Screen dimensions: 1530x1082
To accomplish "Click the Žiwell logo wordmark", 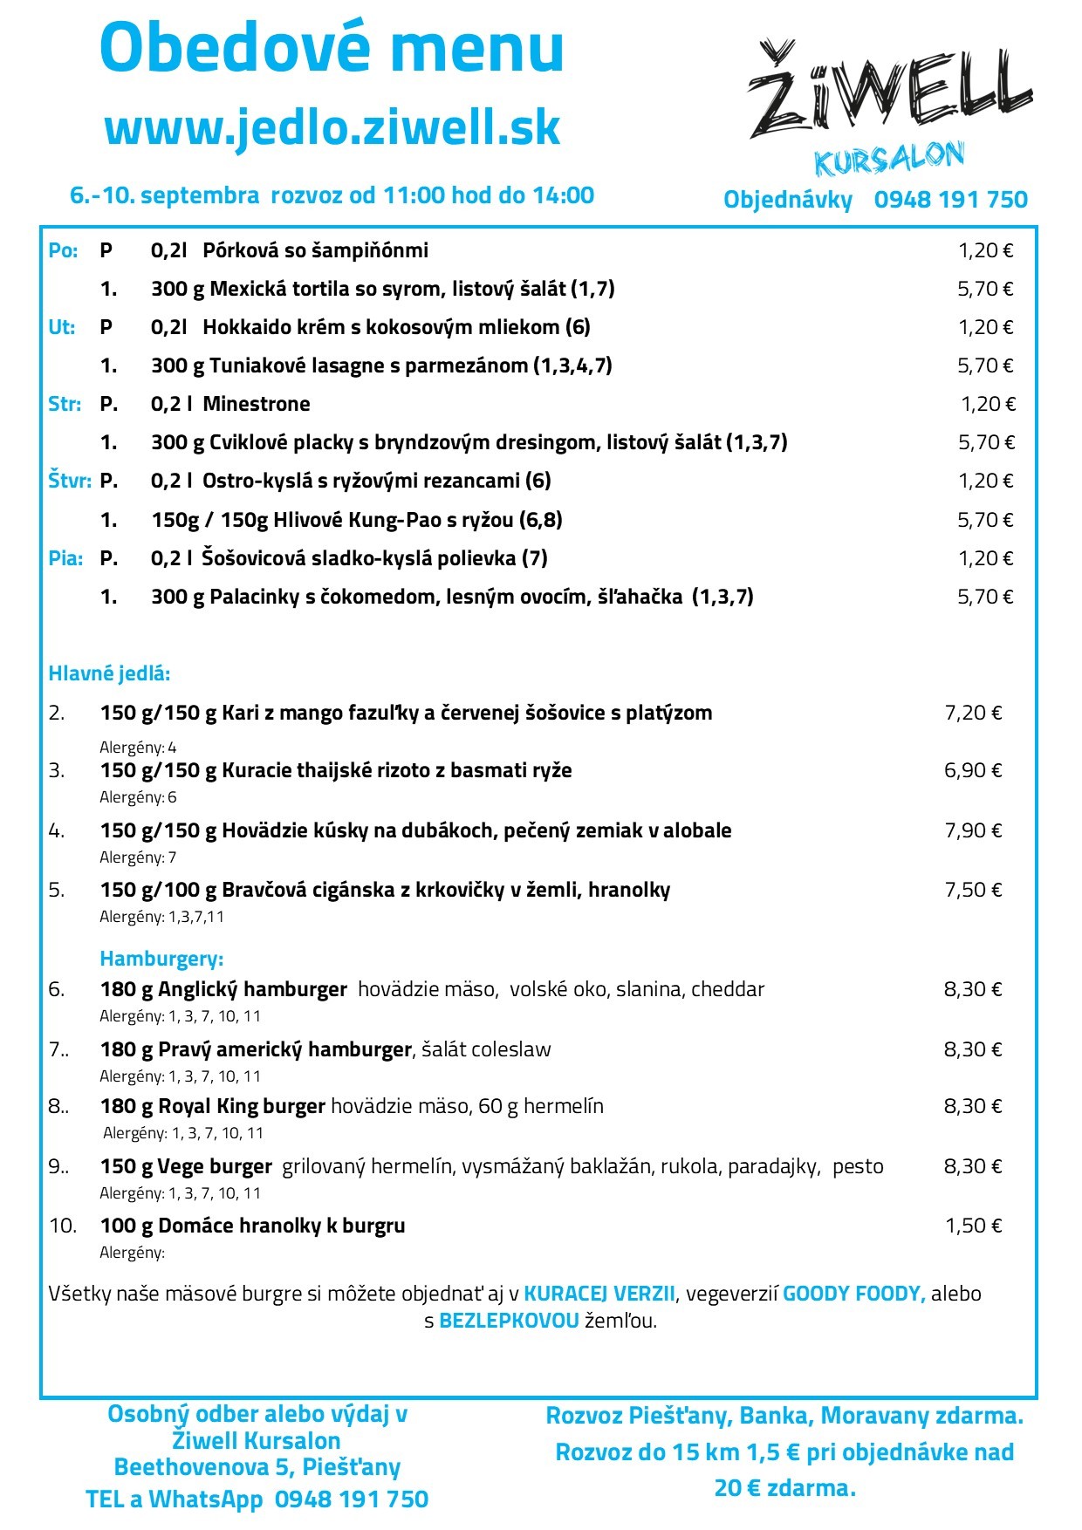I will click(890, 92).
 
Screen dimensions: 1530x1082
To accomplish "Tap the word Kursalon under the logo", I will click(888, 160).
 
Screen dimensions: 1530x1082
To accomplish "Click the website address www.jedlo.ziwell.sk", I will click(332, 127).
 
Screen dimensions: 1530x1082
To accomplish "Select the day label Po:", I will click(63, 251).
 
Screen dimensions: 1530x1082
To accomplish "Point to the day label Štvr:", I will click(70, 481).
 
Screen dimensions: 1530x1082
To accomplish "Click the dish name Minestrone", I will click(257, 404).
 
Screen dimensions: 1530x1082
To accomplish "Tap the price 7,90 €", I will click(973, 830).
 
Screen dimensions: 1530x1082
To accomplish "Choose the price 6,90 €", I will click(973, 770).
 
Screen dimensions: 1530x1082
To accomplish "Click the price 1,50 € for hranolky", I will click(974, 1226).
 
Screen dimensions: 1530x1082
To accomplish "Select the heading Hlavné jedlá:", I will click(109, 673).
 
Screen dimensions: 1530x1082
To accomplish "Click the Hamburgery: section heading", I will click(161, 959).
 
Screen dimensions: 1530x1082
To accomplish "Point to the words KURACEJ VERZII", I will click(599, 1294).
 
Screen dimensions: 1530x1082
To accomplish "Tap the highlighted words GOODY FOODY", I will click(853, 1294).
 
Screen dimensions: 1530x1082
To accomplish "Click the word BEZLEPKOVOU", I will click(509, 1321).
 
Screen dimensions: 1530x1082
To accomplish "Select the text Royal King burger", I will click(242, 1107).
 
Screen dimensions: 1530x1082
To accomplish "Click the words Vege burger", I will click(216, 1166).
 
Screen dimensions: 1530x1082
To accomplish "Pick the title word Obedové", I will click(231, 48).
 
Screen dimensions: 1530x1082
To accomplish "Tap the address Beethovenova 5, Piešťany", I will click(257, 1467).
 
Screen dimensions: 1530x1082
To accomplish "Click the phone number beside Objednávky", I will click(950, 200).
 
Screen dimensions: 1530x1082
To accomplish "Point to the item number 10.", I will click(63, 1226).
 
